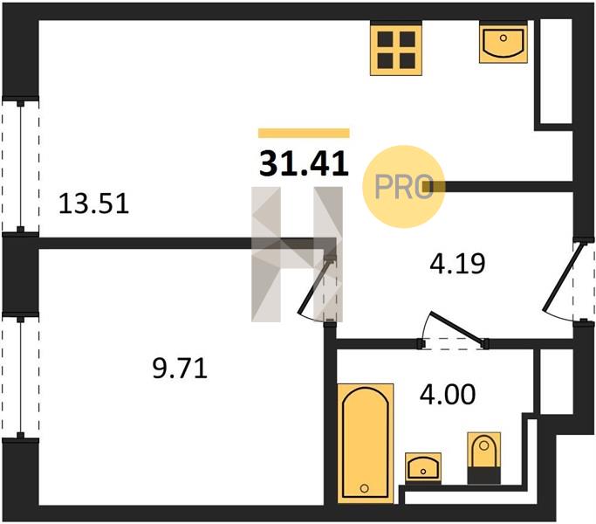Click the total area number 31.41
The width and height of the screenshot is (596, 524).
click(304, 164)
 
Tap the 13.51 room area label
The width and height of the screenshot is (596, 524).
click(94, 203)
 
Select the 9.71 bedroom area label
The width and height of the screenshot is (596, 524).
click(180, 369)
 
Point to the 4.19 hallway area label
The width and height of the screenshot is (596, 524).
click(457, 264)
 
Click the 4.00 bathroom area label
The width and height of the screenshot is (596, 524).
click(448, 394)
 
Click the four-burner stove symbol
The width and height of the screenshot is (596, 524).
click(396, 50)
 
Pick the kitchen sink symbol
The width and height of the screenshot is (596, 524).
click(504, 42)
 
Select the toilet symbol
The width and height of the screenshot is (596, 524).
click(484, 458)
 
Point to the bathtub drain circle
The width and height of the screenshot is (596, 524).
click(364, 488)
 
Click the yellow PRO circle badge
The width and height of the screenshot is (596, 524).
click(404, 187)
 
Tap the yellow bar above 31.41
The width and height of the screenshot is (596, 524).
click(304, 134)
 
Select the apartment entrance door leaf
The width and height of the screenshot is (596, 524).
click(562, 276)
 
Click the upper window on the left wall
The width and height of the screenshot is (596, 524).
click(21, 166)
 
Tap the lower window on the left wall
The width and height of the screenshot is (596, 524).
click(21, 376)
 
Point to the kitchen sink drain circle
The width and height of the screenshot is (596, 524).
click(504, 38)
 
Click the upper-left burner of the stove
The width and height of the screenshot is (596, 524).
click(385, 38)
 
